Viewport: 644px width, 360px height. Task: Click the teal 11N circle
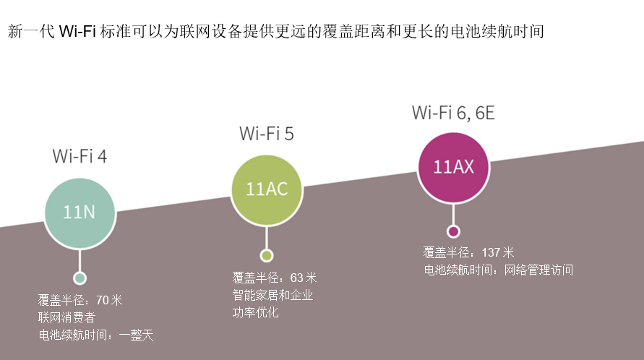80,213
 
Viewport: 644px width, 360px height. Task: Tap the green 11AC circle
267,189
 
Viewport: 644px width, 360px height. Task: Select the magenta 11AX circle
453,167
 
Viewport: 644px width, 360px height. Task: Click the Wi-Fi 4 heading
80,156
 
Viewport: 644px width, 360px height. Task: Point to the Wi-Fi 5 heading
267,133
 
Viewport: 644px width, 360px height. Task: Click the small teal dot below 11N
80,278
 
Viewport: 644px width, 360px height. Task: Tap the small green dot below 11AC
267,255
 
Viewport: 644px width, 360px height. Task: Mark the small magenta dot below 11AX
453,231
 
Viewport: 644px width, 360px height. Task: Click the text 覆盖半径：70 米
80,300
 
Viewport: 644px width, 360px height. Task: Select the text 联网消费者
66,317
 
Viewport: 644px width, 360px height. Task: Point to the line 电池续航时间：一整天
96,335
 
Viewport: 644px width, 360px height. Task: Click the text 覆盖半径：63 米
275,278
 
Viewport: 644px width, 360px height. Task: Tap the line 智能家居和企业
272,295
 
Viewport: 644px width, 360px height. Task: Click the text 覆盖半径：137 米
468,252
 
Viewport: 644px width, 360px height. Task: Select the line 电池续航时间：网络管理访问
498,270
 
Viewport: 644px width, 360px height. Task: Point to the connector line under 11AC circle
267,233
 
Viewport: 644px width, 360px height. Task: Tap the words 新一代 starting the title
30,33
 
